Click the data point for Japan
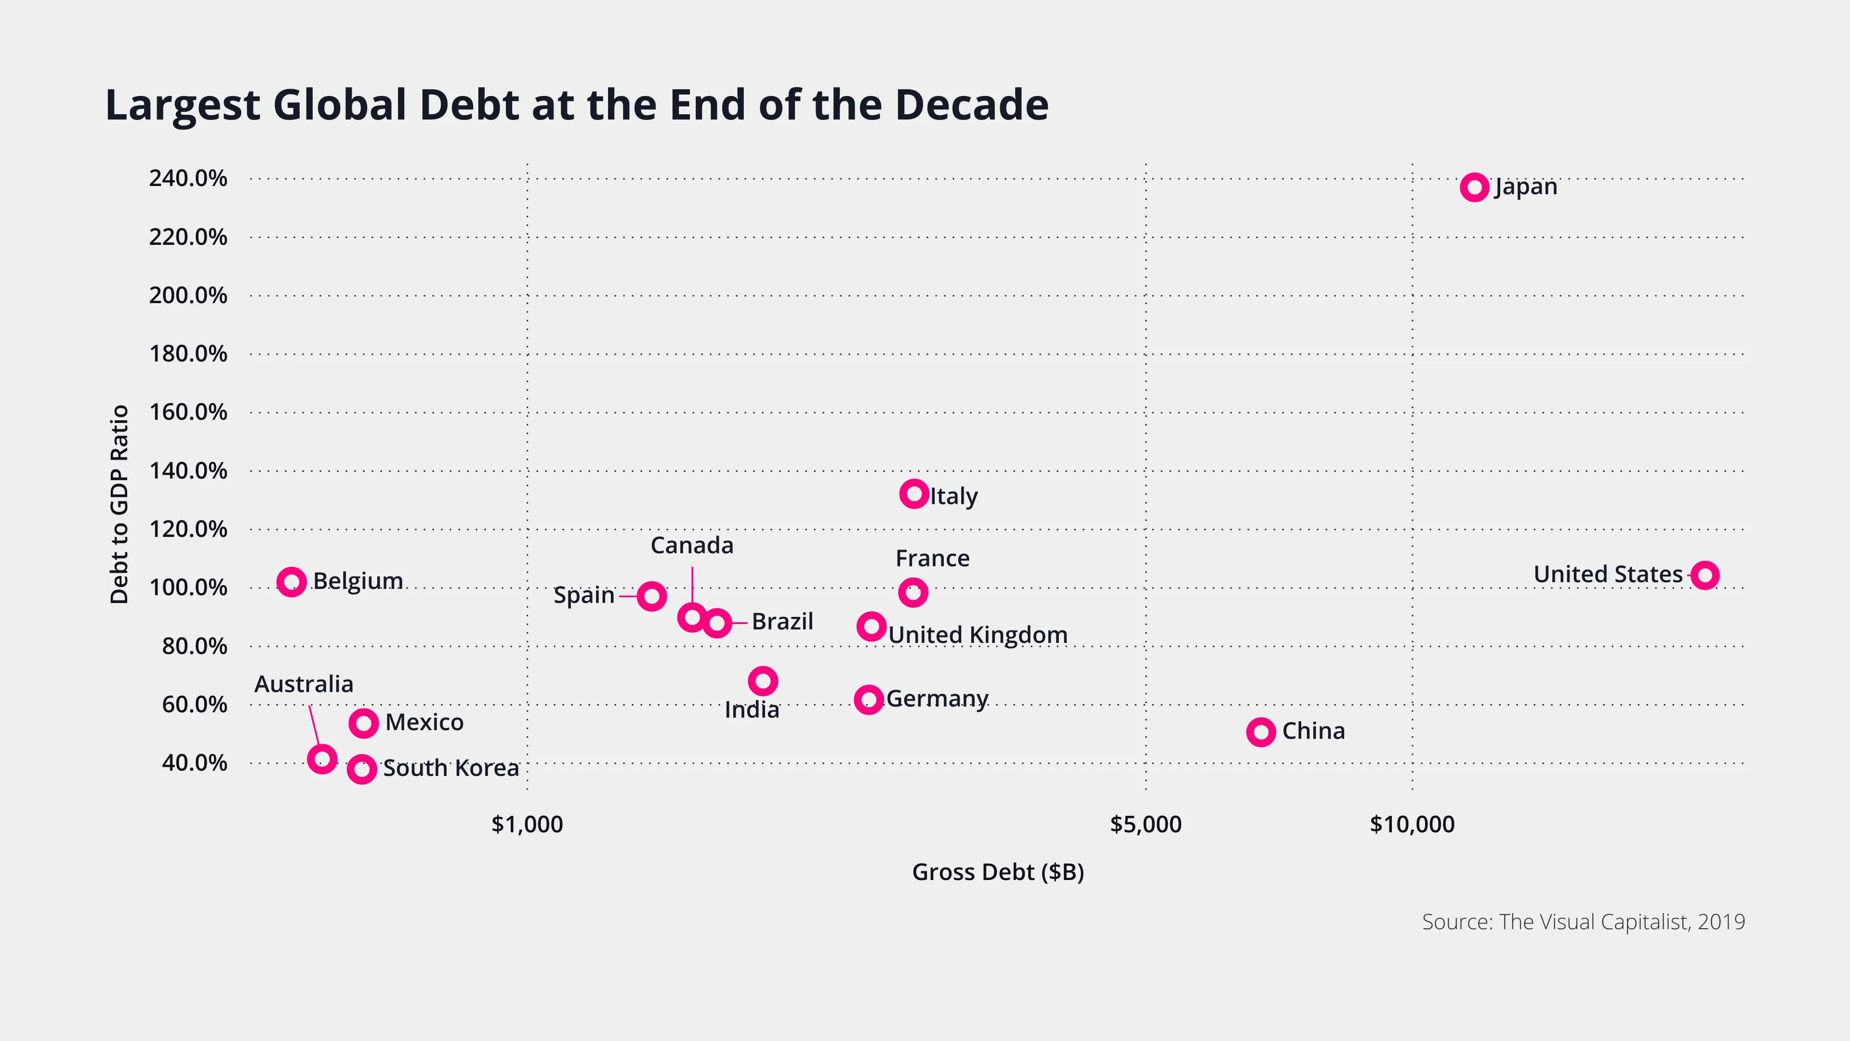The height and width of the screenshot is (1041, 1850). [x=1474, y=187]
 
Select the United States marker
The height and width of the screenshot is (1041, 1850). [x=1704, y=575]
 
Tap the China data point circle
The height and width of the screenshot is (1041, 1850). [x=1260, y=732]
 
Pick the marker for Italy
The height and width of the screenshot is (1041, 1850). [x=913, y=494]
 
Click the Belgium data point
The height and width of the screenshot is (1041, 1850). [x=291, y=582]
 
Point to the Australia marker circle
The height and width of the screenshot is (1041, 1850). [x=322, y=759]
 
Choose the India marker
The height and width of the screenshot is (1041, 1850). [x=763, y=681]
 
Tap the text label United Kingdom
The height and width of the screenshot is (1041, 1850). [x=978, y=635]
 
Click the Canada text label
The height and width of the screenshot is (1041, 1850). [x=692, y=545]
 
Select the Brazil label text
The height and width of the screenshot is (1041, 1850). [x=782, y=621]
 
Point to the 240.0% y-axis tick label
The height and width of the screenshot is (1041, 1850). [x=187, y=178]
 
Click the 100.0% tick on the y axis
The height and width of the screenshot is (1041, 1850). [x=187, y=587]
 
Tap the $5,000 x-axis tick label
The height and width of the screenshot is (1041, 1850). [x=1146, y=824]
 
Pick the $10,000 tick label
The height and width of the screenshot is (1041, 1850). [x=1412, y=824]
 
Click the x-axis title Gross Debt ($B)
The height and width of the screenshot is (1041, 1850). [x=998, y=871]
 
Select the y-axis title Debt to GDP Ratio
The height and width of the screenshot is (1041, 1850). [x=119, y=504]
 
